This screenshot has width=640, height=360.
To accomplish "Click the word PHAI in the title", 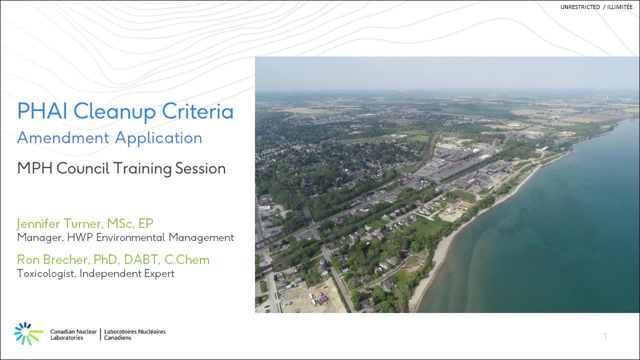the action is [x=42, y=111].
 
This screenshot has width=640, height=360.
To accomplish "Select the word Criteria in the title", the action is [x=197, y=111].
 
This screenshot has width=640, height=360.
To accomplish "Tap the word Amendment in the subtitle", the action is [x=63, y=138].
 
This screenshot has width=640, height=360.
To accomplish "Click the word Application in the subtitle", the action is [x=158, y=138].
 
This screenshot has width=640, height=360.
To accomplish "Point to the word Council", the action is [x=83, y=168].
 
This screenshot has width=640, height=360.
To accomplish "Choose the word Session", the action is [x=200, y=168].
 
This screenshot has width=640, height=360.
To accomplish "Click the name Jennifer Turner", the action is [x=59, y=223].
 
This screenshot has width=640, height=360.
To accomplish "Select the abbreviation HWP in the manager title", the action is [x=80, y=237].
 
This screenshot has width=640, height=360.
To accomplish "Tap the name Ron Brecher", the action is [x=53, y=259].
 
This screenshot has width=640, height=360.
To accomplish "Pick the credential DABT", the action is [x=140, y=259].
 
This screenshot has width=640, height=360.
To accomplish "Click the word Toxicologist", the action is [x=45, y=273].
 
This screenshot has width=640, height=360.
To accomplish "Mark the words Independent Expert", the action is [x=127, y=273].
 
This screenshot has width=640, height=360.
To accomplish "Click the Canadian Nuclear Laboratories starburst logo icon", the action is [x=28, y=333].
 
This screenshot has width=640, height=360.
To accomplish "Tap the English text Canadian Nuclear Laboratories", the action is [x=73, y=334].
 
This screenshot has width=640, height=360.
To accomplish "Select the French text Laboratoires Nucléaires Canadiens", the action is [x=135, y=334].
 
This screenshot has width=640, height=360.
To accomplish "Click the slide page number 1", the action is [x=605, y=336].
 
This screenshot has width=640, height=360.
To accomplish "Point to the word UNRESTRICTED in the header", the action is [x=580, y=7].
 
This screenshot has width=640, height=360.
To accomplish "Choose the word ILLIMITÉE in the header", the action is [x=619, y=7].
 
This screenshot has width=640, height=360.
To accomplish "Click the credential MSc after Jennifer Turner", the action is [x=120, y=223].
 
